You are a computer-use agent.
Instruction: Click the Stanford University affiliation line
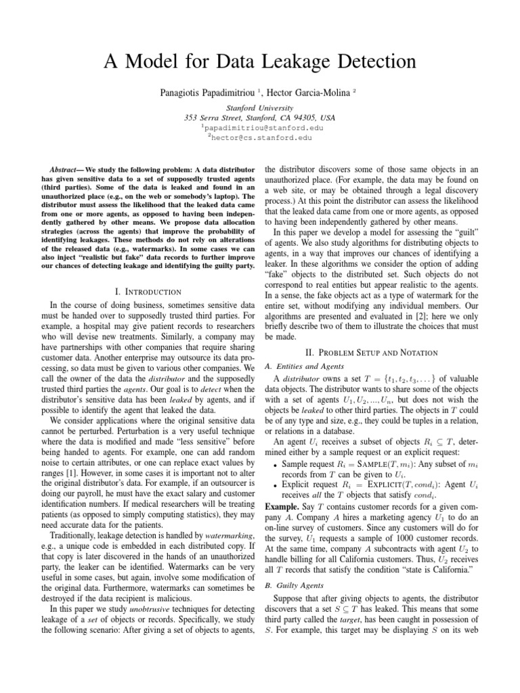click(260, 108)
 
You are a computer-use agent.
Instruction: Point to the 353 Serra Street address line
click(260, 117)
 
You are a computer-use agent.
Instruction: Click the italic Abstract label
click(66, 168)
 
